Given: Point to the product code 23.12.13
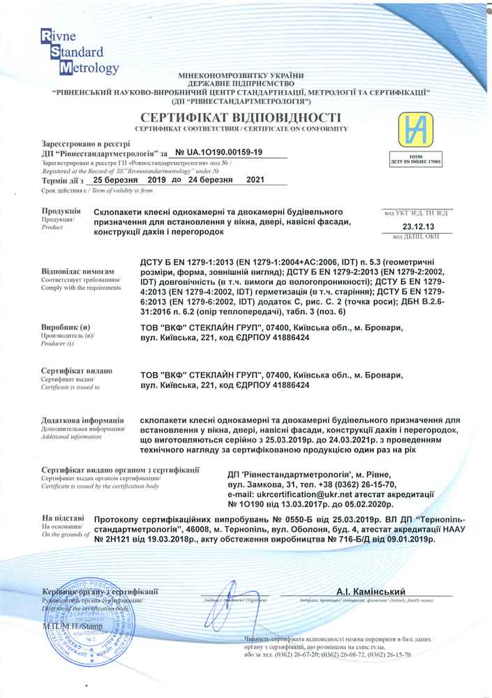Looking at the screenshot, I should click(x=419, y=227).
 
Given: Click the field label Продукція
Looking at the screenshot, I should click(x=61, y=211).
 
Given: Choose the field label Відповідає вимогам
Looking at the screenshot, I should click(x=77, y=270).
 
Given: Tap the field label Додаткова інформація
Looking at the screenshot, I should click(x=83, y=420).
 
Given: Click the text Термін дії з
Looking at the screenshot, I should click(x=63, y=180).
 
